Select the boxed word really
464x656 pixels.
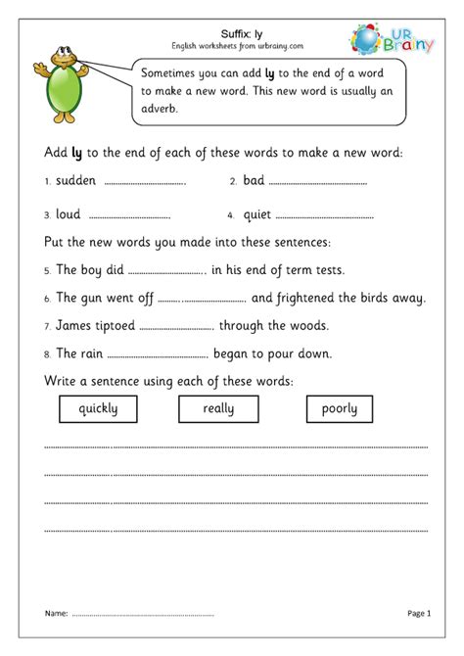click(x=217, y=409)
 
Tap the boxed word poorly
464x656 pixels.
click(x=340, y=409)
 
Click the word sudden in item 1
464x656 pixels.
click(x=76, y=181)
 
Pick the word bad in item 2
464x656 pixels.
click(x=254, y=181)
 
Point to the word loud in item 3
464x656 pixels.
click(x=69, y=214)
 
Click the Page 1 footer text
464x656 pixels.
click(x=418, y=613)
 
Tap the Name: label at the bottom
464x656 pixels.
click(x=55, y=613)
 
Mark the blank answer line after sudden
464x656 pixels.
click(x=144, y=182)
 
